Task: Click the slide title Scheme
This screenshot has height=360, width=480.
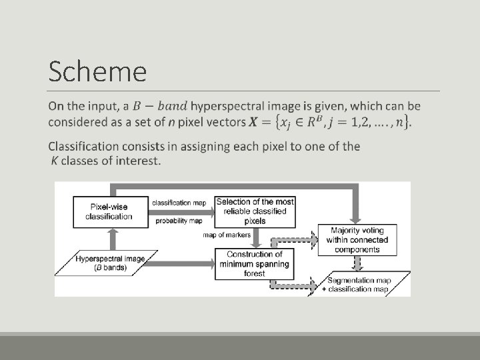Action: click(x=97, y=71)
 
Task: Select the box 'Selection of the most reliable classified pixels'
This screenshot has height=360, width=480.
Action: click(x=255, y=211)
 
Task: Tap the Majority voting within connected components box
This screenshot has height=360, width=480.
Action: click(x=357, y=240)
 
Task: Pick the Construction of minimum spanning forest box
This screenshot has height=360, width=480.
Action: click(x=254, y=263)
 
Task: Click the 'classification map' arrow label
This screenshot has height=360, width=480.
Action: click(x=179, y=202)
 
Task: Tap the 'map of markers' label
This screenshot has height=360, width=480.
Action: click(x=227, y=235)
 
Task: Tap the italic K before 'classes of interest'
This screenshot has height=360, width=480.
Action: click(x=54, y=161)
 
